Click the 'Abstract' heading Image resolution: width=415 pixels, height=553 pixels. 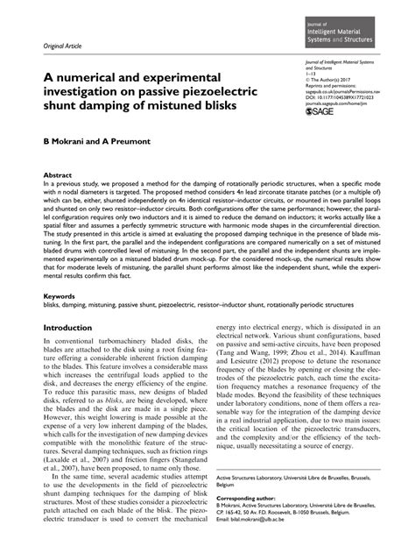point(58,176)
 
